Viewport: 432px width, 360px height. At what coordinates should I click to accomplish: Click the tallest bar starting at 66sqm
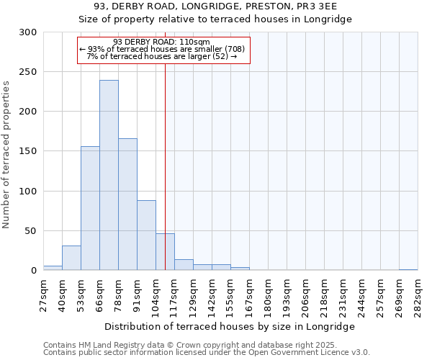pos(109,175)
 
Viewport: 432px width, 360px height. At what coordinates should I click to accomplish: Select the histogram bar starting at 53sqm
pos(90,208)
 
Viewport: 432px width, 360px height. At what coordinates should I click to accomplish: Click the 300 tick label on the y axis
pos(28,32)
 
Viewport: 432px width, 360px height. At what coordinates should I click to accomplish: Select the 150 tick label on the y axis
pos(28,151)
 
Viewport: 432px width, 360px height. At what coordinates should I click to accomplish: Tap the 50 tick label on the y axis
pos(31,231)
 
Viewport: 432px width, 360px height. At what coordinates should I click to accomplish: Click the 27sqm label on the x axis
pos(44,294)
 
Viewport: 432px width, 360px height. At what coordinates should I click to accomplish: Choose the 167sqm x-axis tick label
pos(249,295)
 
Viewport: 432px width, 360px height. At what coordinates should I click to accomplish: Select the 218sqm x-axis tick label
pos(324,295)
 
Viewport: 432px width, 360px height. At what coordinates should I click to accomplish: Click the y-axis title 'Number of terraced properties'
pos(7,155)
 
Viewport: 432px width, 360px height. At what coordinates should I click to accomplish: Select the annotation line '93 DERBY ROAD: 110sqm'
pos(162,42)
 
